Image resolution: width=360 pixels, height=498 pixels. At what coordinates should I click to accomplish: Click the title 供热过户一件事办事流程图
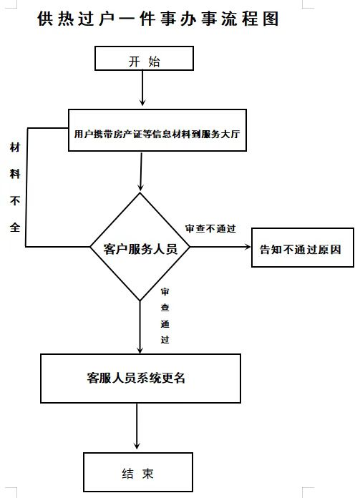158,19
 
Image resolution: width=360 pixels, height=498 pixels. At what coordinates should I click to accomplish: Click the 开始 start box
144,61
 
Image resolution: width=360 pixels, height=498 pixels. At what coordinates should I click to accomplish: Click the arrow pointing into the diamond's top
141,172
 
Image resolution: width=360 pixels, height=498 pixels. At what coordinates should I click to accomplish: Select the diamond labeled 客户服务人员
140,248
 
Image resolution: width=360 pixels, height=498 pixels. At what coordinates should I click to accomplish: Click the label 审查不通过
210,229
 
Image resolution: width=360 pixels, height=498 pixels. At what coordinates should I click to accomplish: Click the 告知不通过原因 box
302,249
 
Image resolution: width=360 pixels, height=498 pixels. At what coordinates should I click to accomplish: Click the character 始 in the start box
155,61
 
